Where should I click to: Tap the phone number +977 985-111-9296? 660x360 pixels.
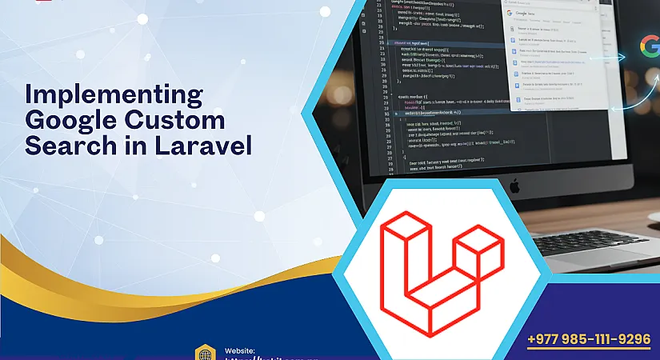click(589, 339)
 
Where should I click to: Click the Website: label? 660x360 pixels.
click(240, 350)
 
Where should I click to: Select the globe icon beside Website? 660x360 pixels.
click(206, 354)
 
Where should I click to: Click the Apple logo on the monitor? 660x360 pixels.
click(515, 186)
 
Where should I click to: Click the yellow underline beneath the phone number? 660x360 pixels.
click(589, 350)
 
